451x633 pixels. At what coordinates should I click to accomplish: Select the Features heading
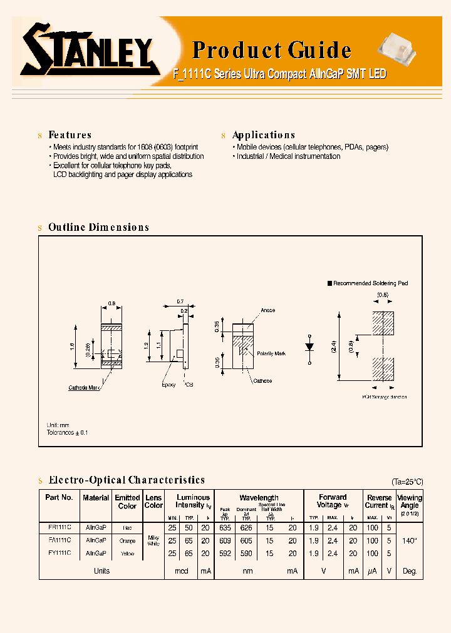click(x=70, y=135)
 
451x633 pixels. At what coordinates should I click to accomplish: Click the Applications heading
click(x=263, y=135)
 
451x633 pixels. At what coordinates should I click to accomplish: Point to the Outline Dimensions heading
click(x=98, y=228)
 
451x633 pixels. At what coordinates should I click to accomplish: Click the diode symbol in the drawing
click(x=309, y=346)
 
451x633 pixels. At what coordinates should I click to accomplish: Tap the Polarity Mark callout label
click(x=271, y=353)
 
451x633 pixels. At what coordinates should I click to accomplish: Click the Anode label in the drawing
click(x=267, y=310)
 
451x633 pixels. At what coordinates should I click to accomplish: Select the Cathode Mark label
click(x=84, y=388)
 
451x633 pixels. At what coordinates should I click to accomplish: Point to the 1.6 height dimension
click(x=73, y=346)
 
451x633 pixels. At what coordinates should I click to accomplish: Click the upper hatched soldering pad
click(x=382, y=325)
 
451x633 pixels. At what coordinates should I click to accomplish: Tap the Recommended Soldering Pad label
click(x=370, y=283)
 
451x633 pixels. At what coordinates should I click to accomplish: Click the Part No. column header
click(x=60, y=497)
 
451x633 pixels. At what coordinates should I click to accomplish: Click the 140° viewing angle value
click(x=410, y=540)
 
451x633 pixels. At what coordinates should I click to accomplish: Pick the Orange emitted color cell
click(x=127, y=540)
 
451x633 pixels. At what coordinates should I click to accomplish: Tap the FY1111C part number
click(x=60, y=554)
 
